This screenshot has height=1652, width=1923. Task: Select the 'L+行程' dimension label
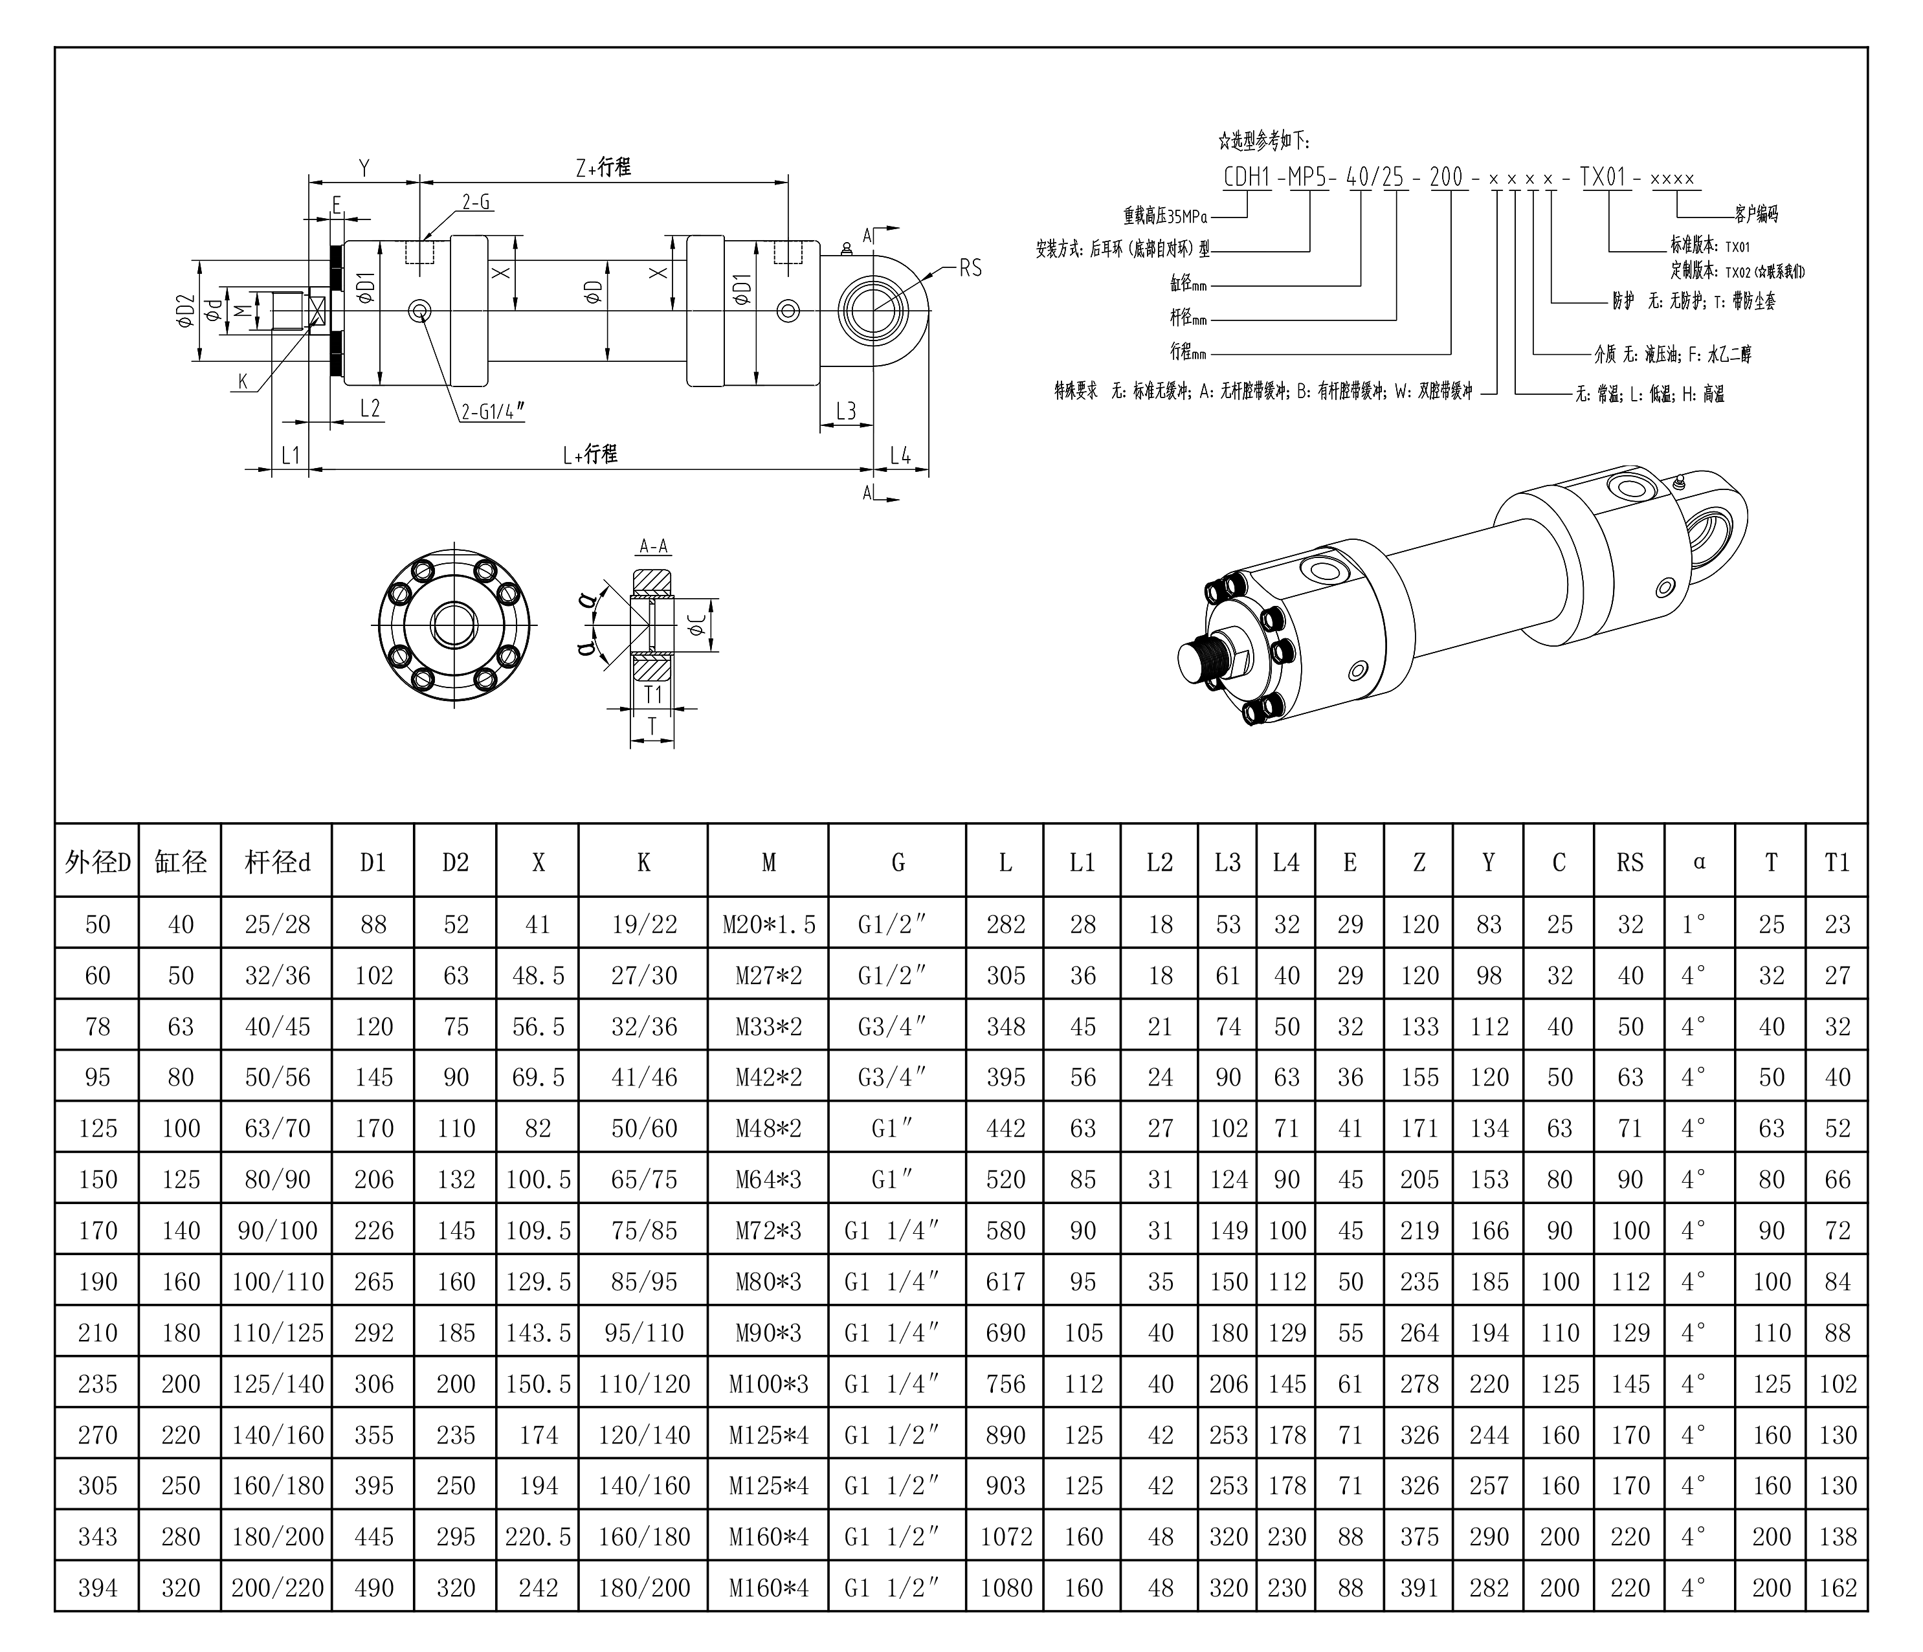click(x=590, y=454)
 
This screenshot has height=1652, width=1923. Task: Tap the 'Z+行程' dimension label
click(x=603, y=167)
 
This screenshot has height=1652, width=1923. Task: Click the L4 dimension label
click(x=900, y=455)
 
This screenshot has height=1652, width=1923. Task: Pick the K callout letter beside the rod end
click(x=243, y=381)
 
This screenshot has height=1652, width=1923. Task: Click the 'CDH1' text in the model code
click(x=1247, y=176)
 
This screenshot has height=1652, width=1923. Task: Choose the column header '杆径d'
click(x=278, y=862)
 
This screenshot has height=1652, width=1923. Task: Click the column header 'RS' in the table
click(x=1630, y=862)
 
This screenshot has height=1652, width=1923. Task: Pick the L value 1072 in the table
click(x=1005, y=1537)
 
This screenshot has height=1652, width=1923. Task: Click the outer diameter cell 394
click(x=98, y=1588)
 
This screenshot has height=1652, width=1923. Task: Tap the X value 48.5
click(x=539, y=976)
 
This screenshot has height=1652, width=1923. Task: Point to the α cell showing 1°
click(x=1695, y=924)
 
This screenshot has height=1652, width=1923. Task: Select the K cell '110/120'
click(x=644, y=1384)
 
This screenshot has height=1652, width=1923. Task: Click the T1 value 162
click(x=1838, y=1588)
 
